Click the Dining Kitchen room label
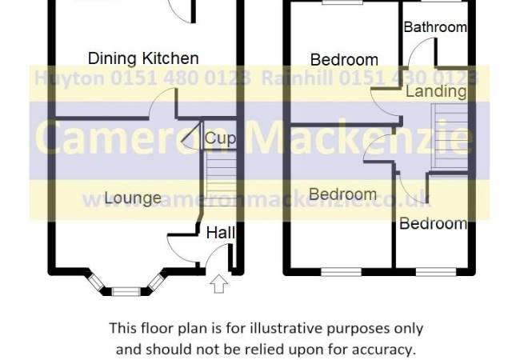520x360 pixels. [143, 58]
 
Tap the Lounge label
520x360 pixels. [133, 198]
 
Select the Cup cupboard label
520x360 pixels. [220, 138]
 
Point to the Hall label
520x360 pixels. [221, 233]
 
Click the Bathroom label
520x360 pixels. [435, 27]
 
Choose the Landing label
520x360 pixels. [436, 91]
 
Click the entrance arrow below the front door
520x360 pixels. [219, 284]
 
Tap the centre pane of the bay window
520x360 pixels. [126, 292]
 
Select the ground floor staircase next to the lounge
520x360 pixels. [221, 178]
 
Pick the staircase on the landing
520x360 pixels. [450, 136]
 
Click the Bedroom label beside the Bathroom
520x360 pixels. [344, 60]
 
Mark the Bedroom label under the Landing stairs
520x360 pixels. [433, 224]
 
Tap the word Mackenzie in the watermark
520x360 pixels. [359, 138]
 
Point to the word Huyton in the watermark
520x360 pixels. [70, 79]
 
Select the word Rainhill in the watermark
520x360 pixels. [297, 78]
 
